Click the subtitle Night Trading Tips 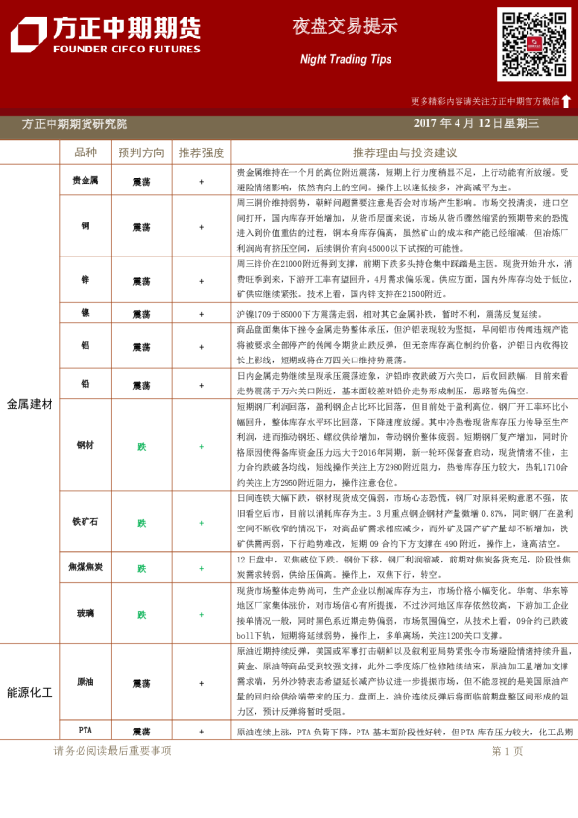pos(345,59)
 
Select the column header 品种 pos(85,153)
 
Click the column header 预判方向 pos(142,153)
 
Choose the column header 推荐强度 pos(201,153)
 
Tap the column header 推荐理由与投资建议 pos(404,153)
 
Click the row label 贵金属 pos(85,180)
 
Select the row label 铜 pos(85,226)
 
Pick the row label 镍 pos(85,314)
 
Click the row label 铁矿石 pos(85,522)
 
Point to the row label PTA pos(85,731)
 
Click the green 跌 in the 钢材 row pos(142,446)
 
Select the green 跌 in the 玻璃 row pos(142,614)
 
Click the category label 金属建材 pos(30,403)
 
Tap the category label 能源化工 pos(30,692)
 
